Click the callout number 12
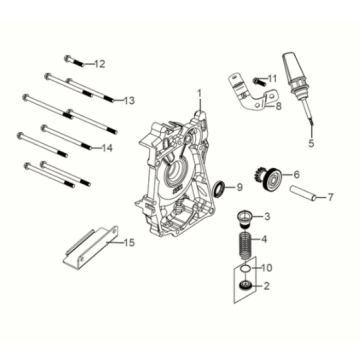point(99,64)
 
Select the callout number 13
point(129,100)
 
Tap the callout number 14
point(107,148)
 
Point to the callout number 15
point(129,243)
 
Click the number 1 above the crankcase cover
point(199,94)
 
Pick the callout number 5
point(311,143)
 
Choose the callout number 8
point(279,106)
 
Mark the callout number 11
point(272,79)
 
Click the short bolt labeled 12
point(75,61)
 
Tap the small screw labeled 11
point(258,80)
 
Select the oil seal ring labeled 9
point(220,189)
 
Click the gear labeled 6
point(271,178)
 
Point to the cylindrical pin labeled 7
point(303,193)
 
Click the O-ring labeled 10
point(246,268)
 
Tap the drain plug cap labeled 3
point(245,219)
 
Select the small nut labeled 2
point(246,285)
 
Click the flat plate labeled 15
point(91,248)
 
